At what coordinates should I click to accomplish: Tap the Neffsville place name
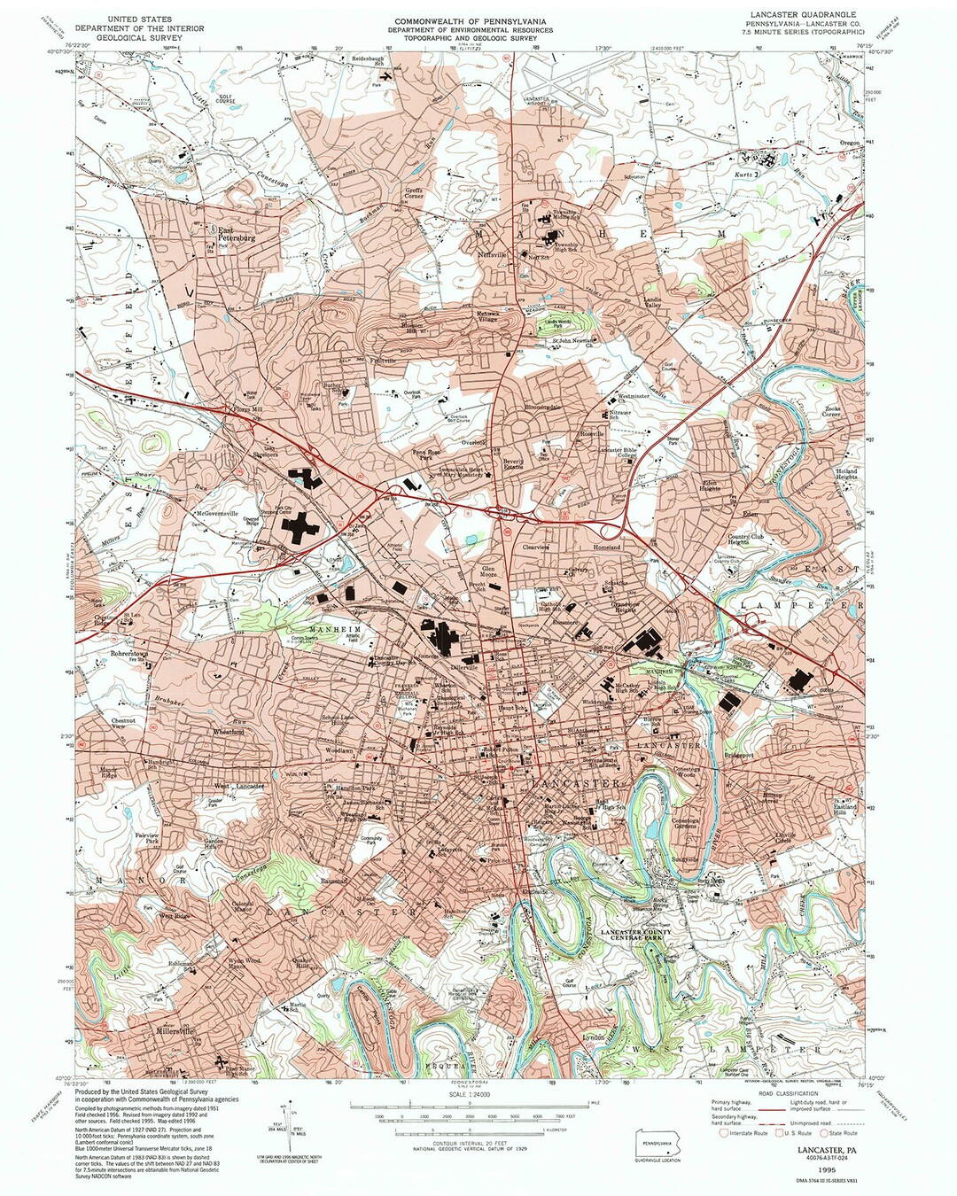(493, 254)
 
